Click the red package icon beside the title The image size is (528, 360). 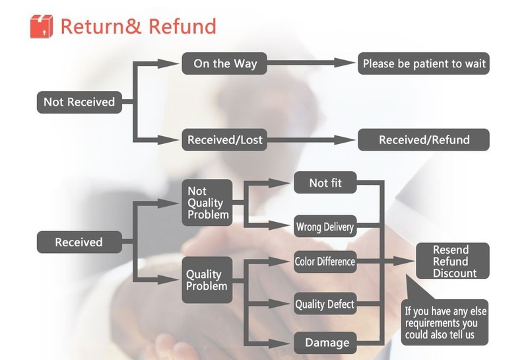pyautogui.click(x=41, y=26)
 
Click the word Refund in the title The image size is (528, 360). pyautogui.click(x=182, y=26)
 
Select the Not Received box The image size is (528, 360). pyautogui.click(x=79, y=102)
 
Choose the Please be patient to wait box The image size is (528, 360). pyautogui.click(x=424, y=64)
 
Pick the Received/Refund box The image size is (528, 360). pyautogui.click(x=424, y=140)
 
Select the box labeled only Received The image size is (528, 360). pyautogui.click(x=79, y=242)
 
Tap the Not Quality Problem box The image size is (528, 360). pyautogui.click(x=207, y=203)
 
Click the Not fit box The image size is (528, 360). pyautogui.click(x=325, y=183)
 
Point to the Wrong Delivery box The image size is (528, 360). pyautogui.click(x=325, y=227)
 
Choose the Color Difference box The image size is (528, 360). pyautogui.click(x=325, y=262)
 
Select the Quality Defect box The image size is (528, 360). pyautogui.click(x=325, y=305)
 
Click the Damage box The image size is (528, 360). pyautogui.click(x=325, y=342)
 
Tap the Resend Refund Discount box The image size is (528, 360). pyautogui.click(x=452, y=261)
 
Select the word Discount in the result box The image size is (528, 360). pyautogui.click(x=454, y=273)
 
